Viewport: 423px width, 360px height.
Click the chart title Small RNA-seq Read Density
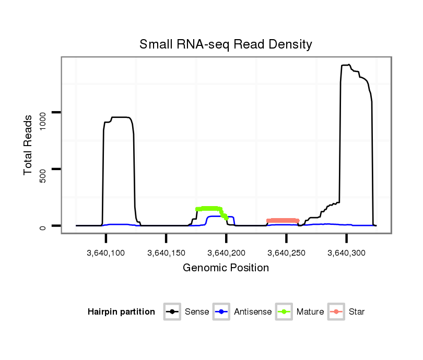point(226,44)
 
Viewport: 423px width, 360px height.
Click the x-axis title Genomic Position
point(226,268)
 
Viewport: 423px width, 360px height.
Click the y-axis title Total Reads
point(29,145)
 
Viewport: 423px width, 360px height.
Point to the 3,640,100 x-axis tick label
point(106,253)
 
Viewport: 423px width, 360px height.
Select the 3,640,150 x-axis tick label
point(166,253)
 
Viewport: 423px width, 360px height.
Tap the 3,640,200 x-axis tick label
point(226,253)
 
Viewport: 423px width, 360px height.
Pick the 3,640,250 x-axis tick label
point(286,253)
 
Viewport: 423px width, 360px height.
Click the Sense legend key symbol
point(172,312)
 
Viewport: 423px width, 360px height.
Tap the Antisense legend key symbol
point(222,312)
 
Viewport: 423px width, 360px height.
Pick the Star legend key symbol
point(336,312)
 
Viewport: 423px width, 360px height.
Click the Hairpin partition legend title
point(121,312)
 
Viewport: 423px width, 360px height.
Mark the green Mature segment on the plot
point(209,209)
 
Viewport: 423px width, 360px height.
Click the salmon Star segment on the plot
point(283,221)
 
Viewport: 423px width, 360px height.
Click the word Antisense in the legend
point(253,312)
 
